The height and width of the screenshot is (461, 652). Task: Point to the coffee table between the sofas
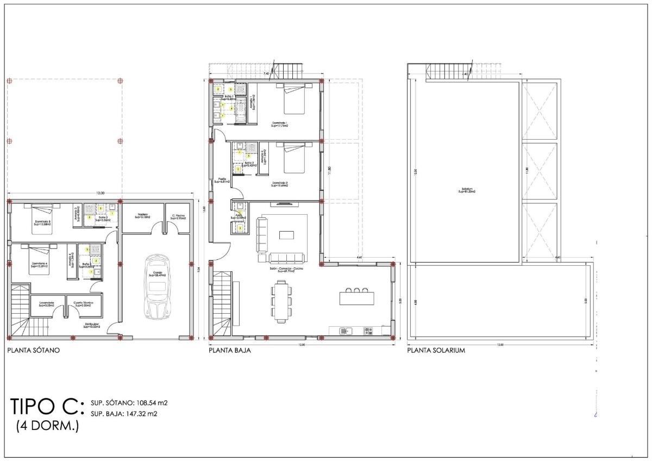pyautogui.click(x=286, y=235)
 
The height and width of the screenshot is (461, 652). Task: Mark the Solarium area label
pyautogui.click(x=467, y=190)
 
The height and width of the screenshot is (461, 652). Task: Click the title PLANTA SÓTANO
pyautogui.click(x=33, y=351)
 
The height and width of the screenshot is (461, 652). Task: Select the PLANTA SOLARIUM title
pyautogui.click(x=436, y=351)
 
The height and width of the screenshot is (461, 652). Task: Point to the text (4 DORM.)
pyautogui.click(x=47, y=425)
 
